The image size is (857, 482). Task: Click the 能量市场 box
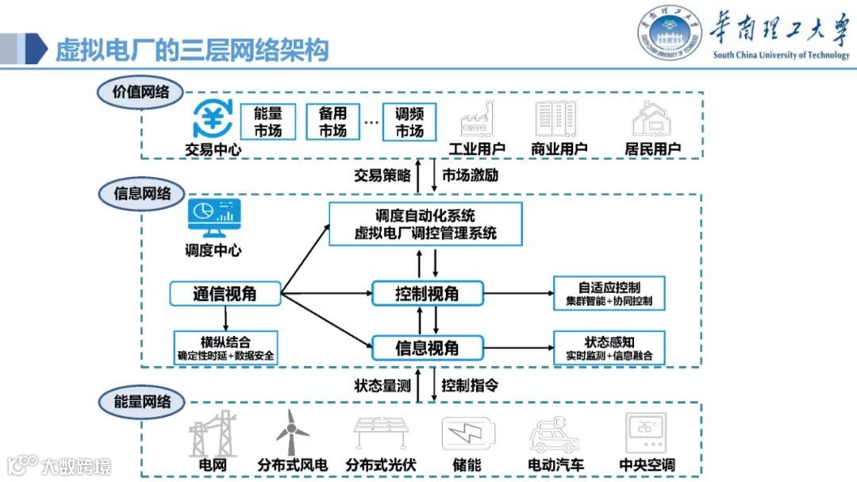268,122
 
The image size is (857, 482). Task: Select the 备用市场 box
333,122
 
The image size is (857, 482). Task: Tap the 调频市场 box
409,122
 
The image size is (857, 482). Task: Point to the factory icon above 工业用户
477,120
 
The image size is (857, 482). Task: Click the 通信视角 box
225,294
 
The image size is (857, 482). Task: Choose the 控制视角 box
427,294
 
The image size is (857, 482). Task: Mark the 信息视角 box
427,348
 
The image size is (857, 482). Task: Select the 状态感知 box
609,348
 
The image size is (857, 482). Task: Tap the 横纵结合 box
226,348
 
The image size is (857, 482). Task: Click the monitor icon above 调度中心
214,220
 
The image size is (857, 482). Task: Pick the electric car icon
555,435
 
